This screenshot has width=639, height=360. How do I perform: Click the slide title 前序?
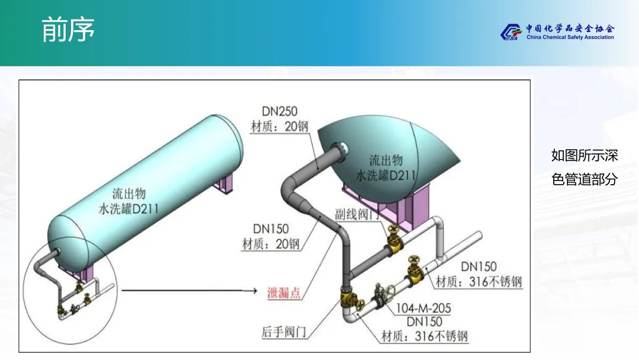click(x=68, y=30)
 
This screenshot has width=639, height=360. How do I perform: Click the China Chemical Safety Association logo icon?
click(x=512, y=32)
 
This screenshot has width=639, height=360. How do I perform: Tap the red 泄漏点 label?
click(x=284, y=291)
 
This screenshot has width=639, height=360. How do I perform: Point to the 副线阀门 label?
click(x=357, y=214)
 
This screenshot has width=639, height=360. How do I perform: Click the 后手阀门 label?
click(x=284, y=332)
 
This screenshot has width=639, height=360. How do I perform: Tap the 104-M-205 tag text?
click(x=422, y=308)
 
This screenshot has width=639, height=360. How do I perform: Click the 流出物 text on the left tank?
click(x=129, y=194)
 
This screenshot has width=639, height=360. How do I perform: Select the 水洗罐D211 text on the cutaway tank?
click(x=386, y=175)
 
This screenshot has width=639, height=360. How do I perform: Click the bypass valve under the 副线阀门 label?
click(x=392, y=241)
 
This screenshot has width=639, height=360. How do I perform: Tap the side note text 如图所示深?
click(x=584, y=156)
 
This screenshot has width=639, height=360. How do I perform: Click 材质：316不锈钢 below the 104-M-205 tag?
click(x=424, y=337)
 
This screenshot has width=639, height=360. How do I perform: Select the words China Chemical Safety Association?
click(x=570, y=37)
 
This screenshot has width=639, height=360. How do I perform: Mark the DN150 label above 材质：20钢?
click(x=270, y=229)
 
